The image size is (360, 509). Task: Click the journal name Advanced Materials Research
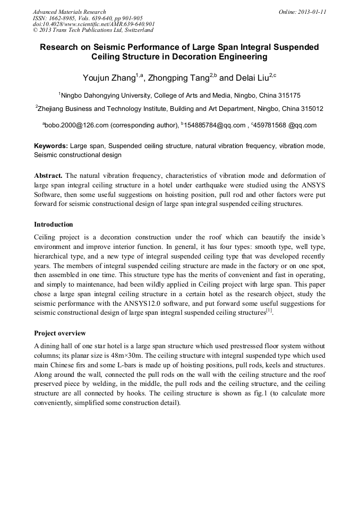click(70, 12)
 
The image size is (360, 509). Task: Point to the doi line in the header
click(94, 24)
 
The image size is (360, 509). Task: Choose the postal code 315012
click(311, 108)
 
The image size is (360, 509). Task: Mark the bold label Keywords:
click(51, 145)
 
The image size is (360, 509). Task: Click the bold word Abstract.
click(49, 176)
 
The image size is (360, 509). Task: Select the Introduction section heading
click(53, 225)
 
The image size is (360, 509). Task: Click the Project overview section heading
click(60, 333)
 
